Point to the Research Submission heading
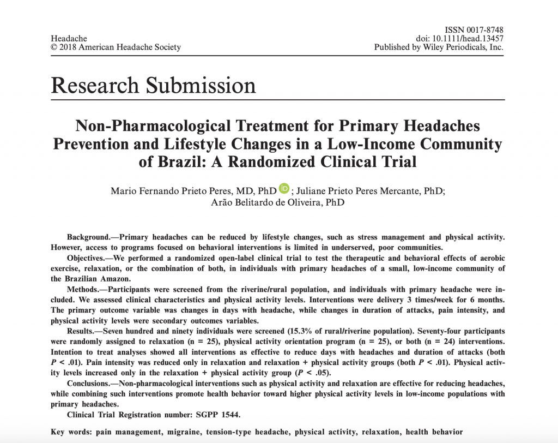pos(153,86)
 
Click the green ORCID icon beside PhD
pos(284,188)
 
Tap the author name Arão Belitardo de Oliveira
pos(278,203)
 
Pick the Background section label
pos(87,237)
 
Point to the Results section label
pos(81,331)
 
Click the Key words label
pos(70,432)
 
